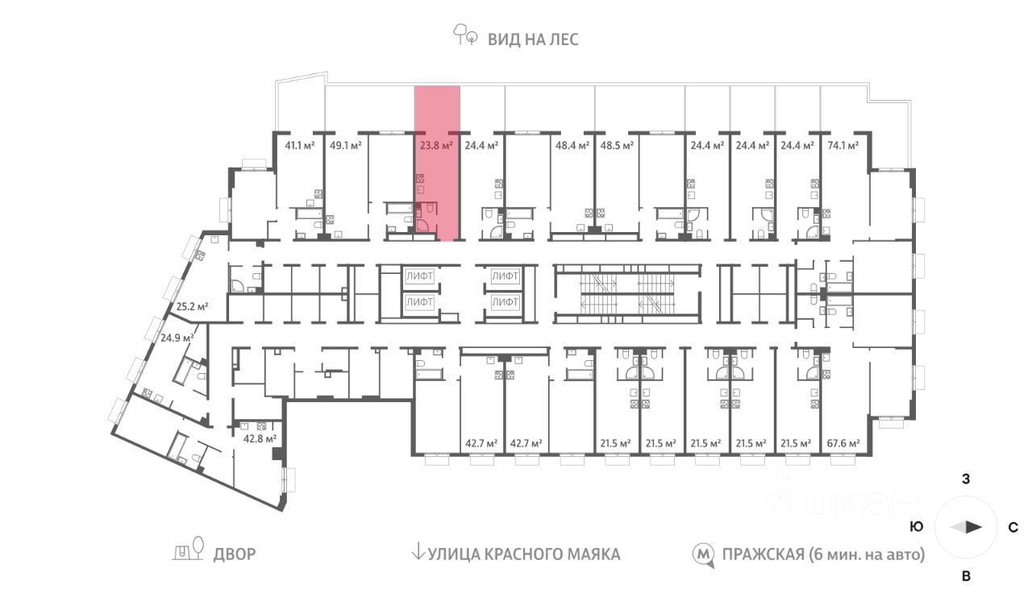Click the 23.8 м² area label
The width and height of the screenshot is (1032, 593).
coord(436,146)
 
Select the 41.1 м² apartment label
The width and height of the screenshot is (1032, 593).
coord(301,146)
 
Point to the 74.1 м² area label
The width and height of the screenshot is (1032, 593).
coord(843,146)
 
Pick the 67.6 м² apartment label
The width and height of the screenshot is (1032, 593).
coord(843,443)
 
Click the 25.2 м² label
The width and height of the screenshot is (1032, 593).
coord(193,306)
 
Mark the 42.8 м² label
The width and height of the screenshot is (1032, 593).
coord(260,438)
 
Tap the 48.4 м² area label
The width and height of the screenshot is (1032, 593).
coord(572,146)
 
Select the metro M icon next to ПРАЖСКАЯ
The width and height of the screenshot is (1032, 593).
coord(704,554)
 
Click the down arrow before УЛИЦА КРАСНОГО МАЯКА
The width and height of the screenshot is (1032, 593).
coord(418,553)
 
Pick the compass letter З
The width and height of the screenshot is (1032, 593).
coord(965,479)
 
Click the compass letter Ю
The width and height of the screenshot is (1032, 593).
coord(916,528)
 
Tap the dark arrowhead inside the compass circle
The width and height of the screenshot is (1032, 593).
coord(974,528)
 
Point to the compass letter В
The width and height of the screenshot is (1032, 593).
coord(965,576)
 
